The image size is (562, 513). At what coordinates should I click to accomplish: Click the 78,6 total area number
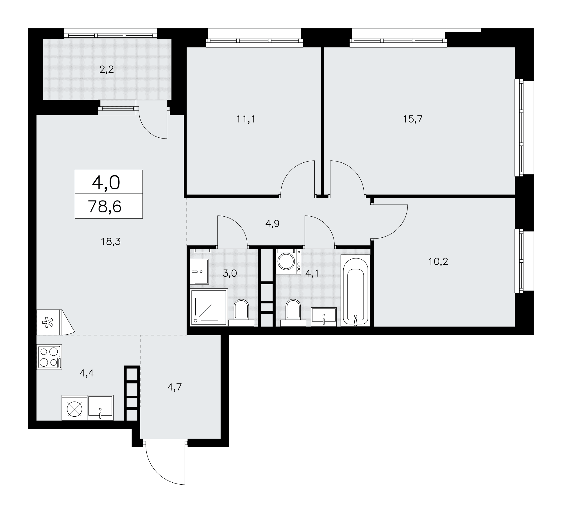tap(105, 206)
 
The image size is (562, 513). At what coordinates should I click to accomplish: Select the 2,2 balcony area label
tap(106, 69)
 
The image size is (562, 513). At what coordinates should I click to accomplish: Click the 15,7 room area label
tap(413, 119)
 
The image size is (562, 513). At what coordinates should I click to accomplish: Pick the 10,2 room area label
tap(438, 262)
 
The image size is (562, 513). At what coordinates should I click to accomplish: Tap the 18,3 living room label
tap(111, 241)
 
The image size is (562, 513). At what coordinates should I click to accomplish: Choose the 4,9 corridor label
tap(272, 224)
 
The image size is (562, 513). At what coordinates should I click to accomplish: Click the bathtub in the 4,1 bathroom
tap(355, 290)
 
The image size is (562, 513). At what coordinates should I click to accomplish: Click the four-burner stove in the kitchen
tap(49, 357)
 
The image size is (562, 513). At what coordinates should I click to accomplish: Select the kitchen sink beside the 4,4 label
tap(100, 408)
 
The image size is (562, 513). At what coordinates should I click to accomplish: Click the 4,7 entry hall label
tap(175, 387)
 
